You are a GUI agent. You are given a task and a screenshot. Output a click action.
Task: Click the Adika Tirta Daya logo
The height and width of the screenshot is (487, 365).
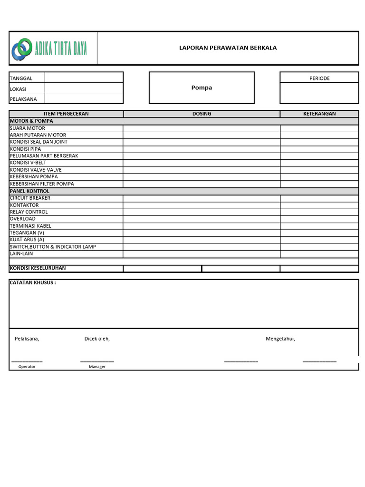click(50, 49)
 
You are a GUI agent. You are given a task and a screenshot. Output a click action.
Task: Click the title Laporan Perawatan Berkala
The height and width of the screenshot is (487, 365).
click(228, 48)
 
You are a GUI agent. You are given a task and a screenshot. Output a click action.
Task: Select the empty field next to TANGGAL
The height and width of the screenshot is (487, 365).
click(84, 78)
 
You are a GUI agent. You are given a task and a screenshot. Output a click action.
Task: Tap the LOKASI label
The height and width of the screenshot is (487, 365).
click(18, 89)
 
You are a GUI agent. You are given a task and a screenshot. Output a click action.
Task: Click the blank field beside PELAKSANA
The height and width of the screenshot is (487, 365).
click(84, 99)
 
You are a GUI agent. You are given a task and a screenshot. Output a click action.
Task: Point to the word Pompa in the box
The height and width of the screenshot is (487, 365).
click(202, 88)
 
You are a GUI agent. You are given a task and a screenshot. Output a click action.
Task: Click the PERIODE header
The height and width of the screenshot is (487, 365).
click(319, 78)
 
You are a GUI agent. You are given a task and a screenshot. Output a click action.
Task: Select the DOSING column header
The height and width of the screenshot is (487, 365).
click(202, 114)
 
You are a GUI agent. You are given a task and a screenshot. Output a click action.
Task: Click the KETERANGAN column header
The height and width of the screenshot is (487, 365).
click(319, 114)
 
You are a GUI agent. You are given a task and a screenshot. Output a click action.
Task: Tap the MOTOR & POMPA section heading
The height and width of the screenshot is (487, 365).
click(31, 121)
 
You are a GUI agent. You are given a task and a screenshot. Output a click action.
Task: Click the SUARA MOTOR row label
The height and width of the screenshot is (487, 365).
click(28, 128)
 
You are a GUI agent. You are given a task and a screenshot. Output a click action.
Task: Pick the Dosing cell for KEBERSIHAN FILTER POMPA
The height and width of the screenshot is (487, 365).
click(202, 184)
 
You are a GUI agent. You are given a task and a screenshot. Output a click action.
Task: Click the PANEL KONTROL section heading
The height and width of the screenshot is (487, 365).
click(29, 191)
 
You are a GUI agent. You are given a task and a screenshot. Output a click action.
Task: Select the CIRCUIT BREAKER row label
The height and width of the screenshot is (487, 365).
click(30, 198)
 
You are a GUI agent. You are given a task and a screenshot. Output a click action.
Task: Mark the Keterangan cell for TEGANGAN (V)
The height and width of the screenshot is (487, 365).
click(319, 233)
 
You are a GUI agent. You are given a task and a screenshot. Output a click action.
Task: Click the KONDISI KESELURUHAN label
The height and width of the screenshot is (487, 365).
click(38, 268)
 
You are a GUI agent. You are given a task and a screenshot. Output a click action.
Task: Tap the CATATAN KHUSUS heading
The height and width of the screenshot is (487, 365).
click(33, 282)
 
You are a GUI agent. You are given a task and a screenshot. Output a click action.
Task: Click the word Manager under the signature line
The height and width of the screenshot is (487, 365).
click(97, 367)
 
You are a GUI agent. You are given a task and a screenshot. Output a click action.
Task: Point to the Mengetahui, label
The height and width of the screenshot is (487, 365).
click(280, 339)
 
